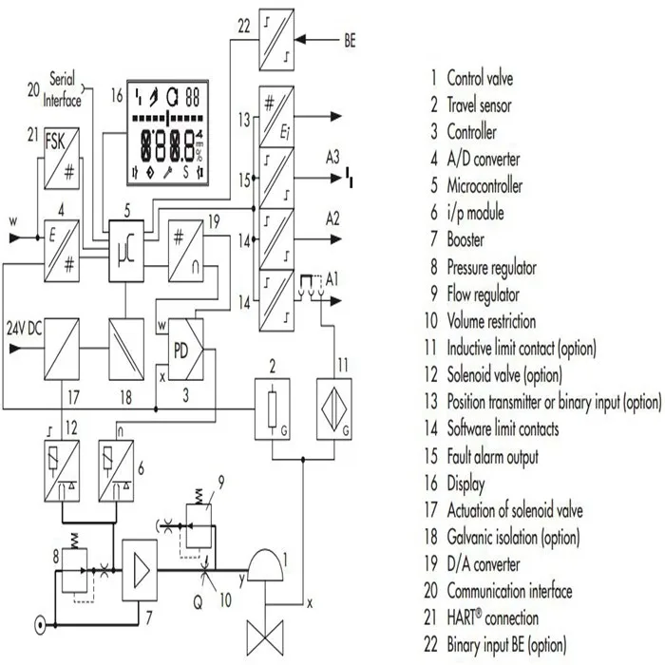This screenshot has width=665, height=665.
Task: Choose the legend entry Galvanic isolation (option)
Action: [x=526, y=538]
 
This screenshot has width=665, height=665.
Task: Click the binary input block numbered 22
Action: [x=275, y=41]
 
